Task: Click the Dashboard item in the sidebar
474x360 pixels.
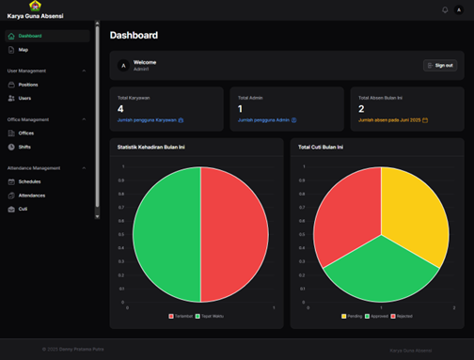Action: click(29, 36)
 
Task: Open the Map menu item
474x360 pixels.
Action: click(24, 49)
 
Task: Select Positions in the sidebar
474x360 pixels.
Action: click(28, 85)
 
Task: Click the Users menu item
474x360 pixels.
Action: click(24, 98)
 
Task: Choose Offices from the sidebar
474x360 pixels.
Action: click(26, 133)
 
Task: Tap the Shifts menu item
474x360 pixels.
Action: click(25, 146)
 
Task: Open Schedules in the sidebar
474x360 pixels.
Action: click(29, 181)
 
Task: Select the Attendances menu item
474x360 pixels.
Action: click(31, 195)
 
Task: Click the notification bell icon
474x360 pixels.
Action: click(445, 10)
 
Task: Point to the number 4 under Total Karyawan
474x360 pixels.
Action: click(120, 108)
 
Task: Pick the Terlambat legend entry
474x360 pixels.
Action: click(182, 316)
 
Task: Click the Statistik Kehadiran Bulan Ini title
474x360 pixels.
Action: click(157, 148)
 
